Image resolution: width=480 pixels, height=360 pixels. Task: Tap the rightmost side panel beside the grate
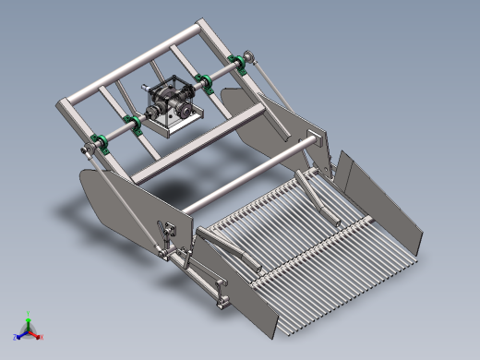(x=378, y=198)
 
